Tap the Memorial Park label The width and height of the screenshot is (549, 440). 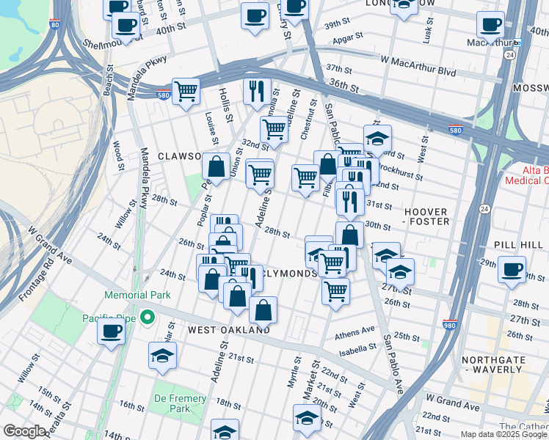[x=137, y=295]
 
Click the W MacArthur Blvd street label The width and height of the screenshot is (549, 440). [x=417, y=73]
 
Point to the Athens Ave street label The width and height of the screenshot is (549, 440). [x=355, y=331]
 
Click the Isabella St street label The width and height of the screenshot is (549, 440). [x=357, y=350]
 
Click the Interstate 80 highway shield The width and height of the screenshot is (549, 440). [x=55, y=24]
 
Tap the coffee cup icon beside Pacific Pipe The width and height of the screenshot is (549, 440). [x=111, y=331]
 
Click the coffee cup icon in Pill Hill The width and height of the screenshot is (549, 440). [x=512, y=268]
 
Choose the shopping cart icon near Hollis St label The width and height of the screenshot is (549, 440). [x=186, y=91]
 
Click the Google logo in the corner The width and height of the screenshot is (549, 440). [x=24, y=431]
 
